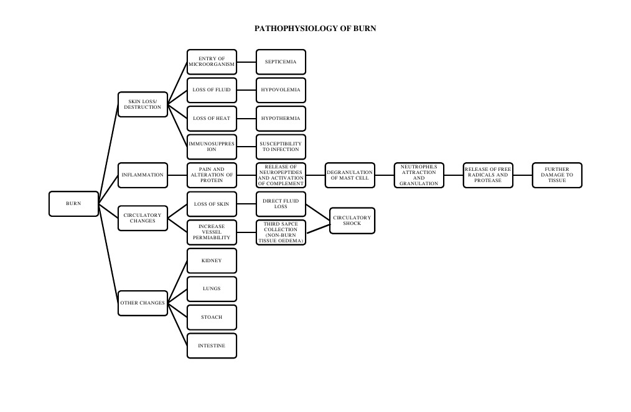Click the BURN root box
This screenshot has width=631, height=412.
click(73, 204)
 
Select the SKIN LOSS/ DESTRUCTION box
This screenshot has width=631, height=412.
click(143, 104)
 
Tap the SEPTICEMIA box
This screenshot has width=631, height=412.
click(281, 62)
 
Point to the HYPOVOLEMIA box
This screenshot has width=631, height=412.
click(281, 90)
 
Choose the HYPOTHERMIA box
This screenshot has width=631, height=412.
click(281, 118)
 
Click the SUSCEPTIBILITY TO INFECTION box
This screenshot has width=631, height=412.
click(281, 147)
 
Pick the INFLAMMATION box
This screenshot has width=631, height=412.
click(143, 175)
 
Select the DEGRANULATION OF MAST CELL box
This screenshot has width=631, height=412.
click(350, 175)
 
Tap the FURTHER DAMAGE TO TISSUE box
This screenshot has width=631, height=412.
click(557, 175)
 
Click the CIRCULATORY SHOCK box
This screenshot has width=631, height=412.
click(352, 221)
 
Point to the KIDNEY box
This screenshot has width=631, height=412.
click(212, 260)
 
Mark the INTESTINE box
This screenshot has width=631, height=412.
click(212, 346)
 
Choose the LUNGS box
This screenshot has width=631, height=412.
click(212, 289)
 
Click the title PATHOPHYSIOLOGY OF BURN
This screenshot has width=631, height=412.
click(315, 29)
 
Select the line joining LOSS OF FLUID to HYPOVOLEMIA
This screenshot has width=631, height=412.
click(246, 90)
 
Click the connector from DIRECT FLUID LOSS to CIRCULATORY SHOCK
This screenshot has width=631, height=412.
click(317, 212)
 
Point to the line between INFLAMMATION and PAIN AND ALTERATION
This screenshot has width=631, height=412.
click(177, 175)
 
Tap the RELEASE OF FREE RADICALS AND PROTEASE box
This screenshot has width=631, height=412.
click(488, 175)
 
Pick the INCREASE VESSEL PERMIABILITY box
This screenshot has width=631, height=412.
click(212, 232)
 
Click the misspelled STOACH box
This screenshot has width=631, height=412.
click(212, 318)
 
